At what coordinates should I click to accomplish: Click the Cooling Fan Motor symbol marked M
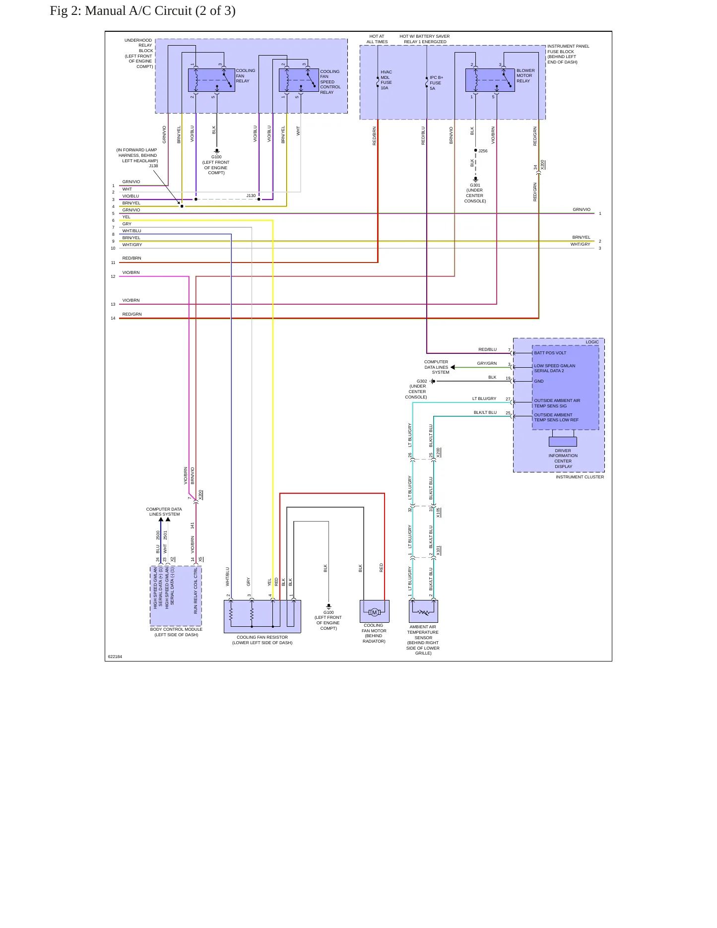pyautogui.click(x=375, y=612)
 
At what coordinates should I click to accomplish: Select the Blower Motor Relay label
pyautogui.click(x=525, y=75)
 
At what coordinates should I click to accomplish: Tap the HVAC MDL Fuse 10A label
pyautogui.click(x=386, y=80)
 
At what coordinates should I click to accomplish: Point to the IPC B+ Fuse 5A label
pyautogui.click(x=436, y=83)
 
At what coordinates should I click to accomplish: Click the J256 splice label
pyautogui.click(x=483, y=151)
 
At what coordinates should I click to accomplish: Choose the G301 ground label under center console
pyautogui.click(x=475, y=193)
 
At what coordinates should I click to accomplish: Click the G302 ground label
pyautogui.click(x=417, y=389)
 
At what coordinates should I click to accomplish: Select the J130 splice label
pyautogui.click(x=251, y=196)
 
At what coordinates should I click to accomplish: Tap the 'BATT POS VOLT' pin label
pyautogui.click(x=550, y=353)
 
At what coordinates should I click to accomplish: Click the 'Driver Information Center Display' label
pyautogui.click(x=563, y=459)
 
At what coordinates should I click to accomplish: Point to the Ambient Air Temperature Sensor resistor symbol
pyautogui.click(x=423, y=612)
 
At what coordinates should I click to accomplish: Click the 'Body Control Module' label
pyautogui.click(x=176, y=632)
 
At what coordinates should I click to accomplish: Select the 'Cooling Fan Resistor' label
pyautogui.click(x=262, y=640)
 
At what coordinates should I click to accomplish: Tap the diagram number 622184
pyautogui.click(x=115, y=657)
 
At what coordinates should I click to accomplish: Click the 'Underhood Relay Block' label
pyautogui.click(x=138, y=54)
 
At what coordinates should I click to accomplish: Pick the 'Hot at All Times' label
pyautogui.click(x=377, y=39)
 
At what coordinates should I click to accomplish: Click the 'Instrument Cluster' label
pyautogui.click(x=580, y=477)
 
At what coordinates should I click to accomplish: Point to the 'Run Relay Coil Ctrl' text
pyautogui.click(x=196, y=591)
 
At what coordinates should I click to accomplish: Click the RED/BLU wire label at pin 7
pyautogui.click(x=487, y=349)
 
